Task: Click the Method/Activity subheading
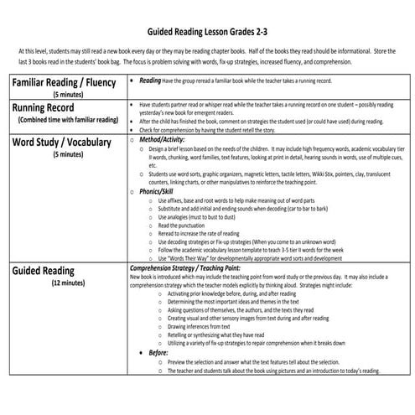pyautogui.click(x=173, y=138)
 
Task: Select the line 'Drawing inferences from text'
pyautogui.click(x=210, y=326)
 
